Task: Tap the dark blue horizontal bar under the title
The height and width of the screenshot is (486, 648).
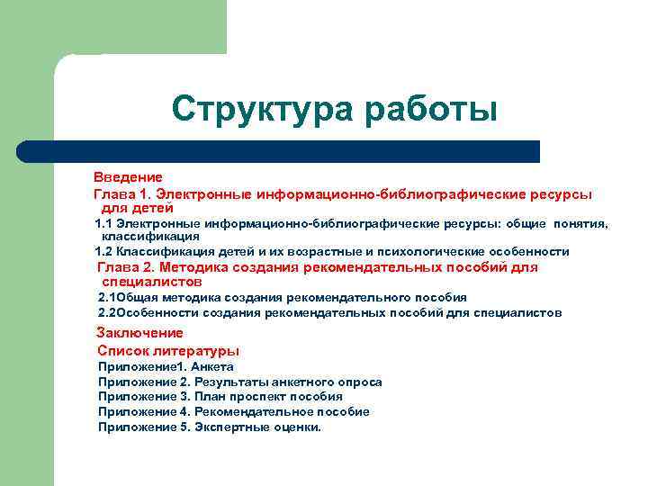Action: pyautogui.click(x=279, y=151)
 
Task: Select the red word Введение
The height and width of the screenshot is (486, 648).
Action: pyautogui.click(x=128, y=177)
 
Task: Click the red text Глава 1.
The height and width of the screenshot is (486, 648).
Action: pyautogui.click(x=123, y=193)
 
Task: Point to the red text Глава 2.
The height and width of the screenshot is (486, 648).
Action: pyautogui.click(x=126, y=267)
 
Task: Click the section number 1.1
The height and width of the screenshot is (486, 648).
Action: pyautogui.click(x=103, y=223)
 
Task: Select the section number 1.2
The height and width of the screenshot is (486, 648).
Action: pyautogui.click(x=103, y=251)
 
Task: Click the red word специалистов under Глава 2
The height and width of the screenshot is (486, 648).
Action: pyautogui.click(x=147, y=282)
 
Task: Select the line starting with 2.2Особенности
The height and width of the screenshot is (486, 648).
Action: pyautogui.click(x=329, y=312)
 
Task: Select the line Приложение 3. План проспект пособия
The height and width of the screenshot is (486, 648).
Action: pyautogui.click(x=220, y=396)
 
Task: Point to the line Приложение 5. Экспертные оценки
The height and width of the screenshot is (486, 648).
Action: pyautogui.click(x=209, y=427)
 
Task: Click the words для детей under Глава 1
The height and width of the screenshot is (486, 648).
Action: pyautogui.click(x=130, y=208)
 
